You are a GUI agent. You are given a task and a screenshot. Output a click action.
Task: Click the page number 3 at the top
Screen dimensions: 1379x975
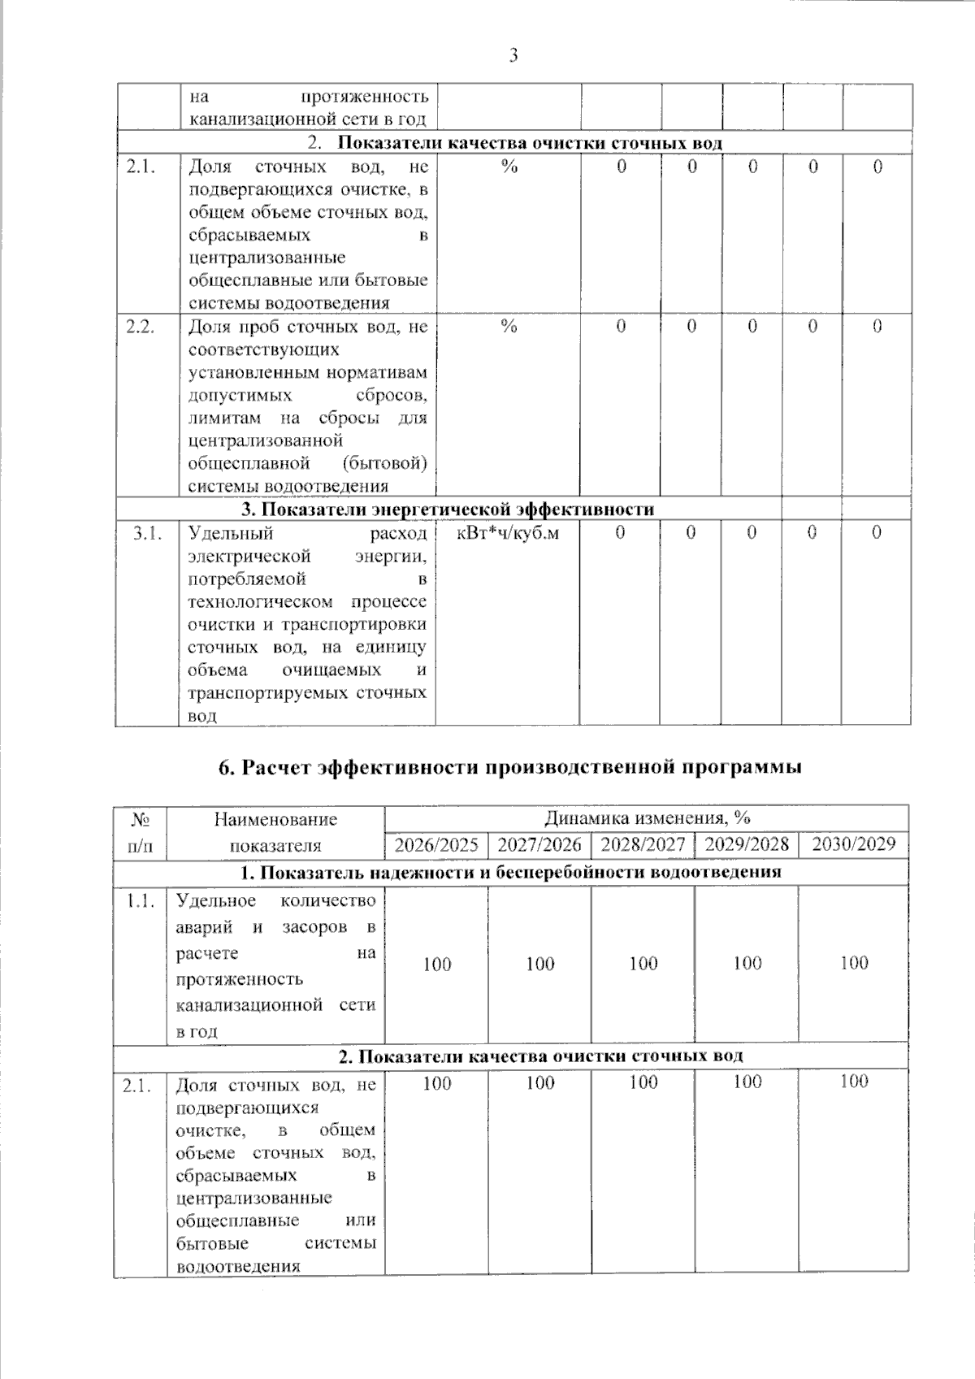(513, 56)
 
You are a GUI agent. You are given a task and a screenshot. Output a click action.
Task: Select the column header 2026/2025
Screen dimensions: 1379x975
(436, 844)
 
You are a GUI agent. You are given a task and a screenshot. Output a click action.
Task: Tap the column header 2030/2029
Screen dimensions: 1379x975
(854, 843)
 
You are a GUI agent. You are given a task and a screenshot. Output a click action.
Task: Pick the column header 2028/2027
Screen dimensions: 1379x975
(643, 844)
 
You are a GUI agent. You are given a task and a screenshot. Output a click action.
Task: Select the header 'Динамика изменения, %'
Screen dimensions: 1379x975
(647, 817)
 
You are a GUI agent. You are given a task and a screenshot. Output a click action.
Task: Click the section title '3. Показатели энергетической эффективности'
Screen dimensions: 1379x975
(448, 510)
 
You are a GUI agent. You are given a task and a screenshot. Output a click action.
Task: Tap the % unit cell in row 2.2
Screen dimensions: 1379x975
(509, 327)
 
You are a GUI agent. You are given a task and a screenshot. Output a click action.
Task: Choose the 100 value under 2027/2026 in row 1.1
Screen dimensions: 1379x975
(540, 964)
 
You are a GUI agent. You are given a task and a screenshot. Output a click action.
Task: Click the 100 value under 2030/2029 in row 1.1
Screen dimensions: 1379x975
(854, 963)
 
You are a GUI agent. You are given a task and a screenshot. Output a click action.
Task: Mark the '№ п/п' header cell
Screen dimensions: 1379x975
(141, 832)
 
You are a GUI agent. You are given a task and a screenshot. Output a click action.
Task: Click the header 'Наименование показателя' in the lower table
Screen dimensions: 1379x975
(275, 832)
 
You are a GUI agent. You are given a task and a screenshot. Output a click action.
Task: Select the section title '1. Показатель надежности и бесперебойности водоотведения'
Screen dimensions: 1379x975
(510, 873)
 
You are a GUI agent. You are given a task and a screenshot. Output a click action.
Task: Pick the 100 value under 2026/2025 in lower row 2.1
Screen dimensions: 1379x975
(437, 1082)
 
